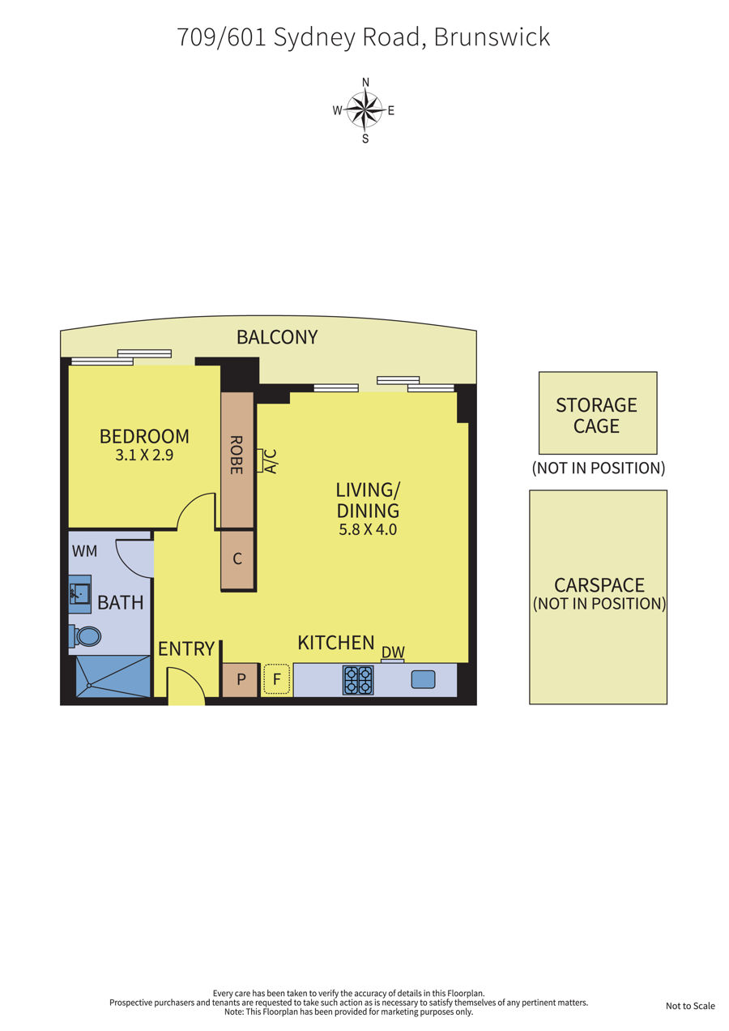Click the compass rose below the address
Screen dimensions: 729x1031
(364, 110)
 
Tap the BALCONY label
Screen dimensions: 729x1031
(277, 337)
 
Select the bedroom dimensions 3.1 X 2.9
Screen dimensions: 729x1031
(144, 456)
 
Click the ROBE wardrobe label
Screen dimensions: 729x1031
(236, 455)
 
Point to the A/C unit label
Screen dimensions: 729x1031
(271, 461)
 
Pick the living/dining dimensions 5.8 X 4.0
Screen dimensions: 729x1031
(368, 529)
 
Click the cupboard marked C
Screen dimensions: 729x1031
(237, 560)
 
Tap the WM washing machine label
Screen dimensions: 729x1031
(84, 551)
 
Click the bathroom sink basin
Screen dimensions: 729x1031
(80, 593)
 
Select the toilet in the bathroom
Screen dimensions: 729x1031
(85, 636)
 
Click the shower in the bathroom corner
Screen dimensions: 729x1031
(113, 677)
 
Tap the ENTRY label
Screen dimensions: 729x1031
(186, 649)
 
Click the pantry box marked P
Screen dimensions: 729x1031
(241, 679)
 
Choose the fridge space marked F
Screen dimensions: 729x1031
(276, 679)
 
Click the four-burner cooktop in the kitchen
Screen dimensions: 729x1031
(358, 680)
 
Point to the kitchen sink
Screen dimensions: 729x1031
(423, 679)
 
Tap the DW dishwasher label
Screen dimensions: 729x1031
(393, 652)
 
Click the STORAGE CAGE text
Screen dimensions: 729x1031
(596, 416)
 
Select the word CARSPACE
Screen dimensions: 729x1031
(599, 585)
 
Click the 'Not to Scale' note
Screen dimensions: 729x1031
(690, 1006)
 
